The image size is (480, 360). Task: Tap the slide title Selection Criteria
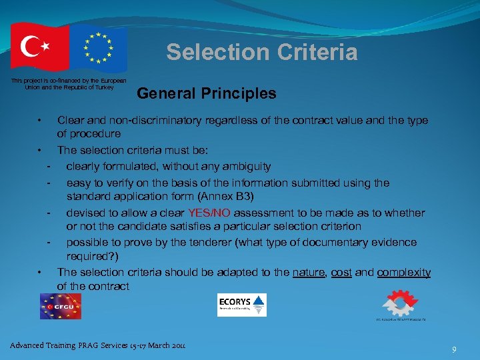pyautogui.click(x=262, y=52)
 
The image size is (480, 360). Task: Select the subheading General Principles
pyautogui.click(x=206, y=93)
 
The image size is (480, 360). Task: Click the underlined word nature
pyautogui.click(x=311, y=273)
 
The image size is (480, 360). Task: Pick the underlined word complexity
pyautogui.click(x=403, y=273)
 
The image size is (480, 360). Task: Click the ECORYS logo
pyautogui.click(x=241, y=305)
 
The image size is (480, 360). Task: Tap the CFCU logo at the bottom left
pyautogui.click(x=60, y=306)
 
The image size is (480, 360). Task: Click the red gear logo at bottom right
pyautogui.click(x=399, y=303)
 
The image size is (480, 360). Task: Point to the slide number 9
pyautogui.click(x=454, y=349)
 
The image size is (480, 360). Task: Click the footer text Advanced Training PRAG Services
pyautogui.click(x=97, y=345)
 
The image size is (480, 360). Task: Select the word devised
pyautogui.click(x=86, y=213)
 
